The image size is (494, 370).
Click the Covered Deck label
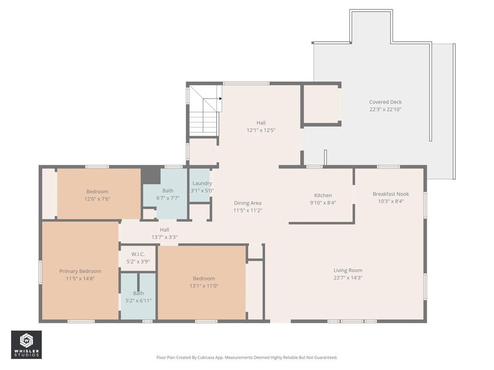point(385,102)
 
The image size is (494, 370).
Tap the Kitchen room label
point(323,196)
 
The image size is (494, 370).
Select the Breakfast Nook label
point(390,194)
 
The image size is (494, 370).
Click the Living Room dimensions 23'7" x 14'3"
point(348,278)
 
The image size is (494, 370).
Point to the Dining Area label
point(248,203)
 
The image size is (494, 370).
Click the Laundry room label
point(202,183)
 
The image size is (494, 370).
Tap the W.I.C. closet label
point(138,254)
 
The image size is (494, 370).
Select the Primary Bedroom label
point(80,271)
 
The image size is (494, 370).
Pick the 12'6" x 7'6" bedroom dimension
point(98,199)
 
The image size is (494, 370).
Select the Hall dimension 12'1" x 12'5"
point(261,130)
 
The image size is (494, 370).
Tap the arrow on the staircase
point(219,99)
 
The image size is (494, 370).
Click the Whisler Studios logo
point(26,344)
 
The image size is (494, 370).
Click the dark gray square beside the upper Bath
point(151,174)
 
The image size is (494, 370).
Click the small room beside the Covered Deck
point(321,105)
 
